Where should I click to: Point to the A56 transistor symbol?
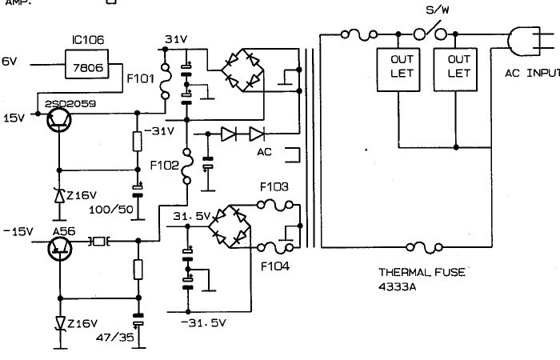[58, 247]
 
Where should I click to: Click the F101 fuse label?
[142, 80]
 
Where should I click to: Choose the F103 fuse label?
[274, 187]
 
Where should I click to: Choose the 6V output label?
[9, 62]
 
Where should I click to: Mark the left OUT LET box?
[399, 66]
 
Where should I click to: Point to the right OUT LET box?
[458, 66]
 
